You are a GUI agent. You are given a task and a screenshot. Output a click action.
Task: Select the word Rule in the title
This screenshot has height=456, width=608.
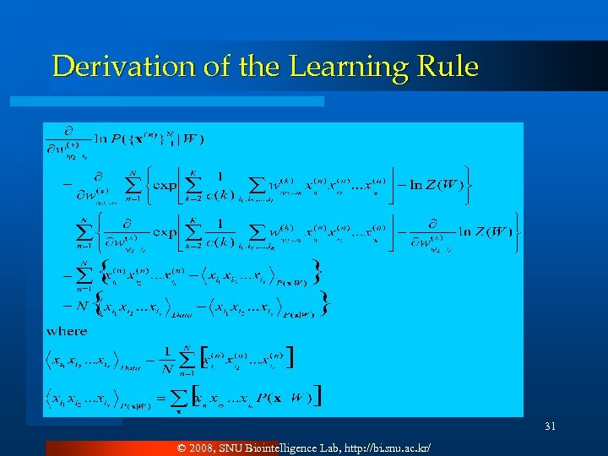click(x=447, y=67)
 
